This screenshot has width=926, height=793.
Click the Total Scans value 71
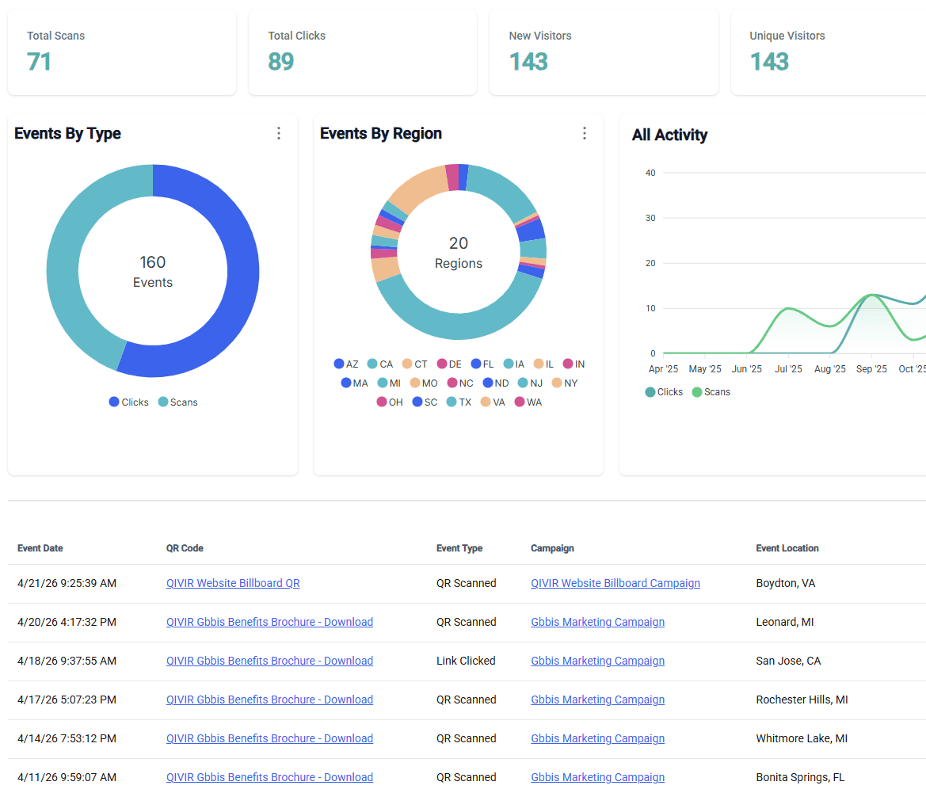point(39,62)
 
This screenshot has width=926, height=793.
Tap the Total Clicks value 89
point(280,62)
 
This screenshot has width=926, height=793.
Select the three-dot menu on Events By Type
point(278,133)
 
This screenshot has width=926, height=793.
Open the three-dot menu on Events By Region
point(584,133)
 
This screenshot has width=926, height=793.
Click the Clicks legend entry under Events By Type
point(129,402)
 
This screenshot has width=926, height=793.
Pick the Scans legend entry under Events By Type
point(178,402)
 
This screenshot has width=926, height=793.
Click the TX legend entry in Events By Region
point(459,402)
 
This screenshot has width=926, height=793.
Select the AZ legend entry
point(346,364)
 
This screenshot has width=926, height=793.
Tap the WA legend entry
point(528,402)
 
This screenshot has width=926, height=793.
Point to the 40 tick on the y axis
point(650,173)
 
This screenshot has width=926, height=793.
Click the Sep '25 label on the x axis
point(871,369)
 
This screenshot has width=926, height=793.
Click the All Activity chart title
point(669,135)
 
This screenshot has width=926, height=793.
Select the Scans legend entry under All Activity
point(711,392)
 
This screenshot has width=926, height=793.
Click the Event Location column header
point(787,548)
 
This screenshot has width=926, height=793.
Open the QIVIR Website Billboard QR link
point(233,583)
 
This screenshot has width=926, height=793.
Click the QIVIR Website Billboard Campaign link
point(615,583)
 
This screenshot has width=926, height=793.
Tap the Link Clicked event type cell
point(466,661)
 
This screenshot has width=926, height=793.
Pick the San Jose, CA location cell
point(788,661)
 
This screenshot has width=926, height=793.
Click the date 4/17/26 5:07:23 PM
point(67,700)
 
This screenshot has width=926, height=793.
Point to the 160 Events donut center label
point(153,271)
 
